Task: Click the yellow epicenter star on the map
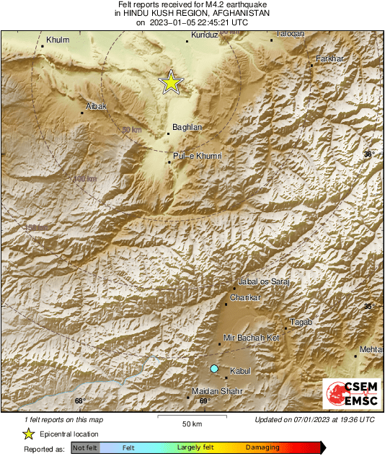pos(171,82)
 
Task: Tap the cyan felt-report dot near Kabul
pos(213,369)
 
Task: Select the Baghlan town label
pos(186,127)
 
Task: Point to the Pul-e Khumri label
pos(197,156)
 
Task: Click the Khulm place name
pos(56,40)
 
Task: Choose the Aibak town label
pos(96,106)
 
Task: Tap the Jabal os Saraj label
pos(263,281)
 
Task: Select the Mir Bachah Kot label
pos(251,337)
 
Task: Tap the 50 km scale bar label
pos(191,423)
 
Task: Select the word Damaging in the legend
pos(262,447)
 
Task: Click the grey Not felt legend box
pos(86,448)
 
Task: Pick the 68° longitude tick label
pos(79,401)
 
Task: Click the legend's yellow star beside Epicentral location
pos(29,434)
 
